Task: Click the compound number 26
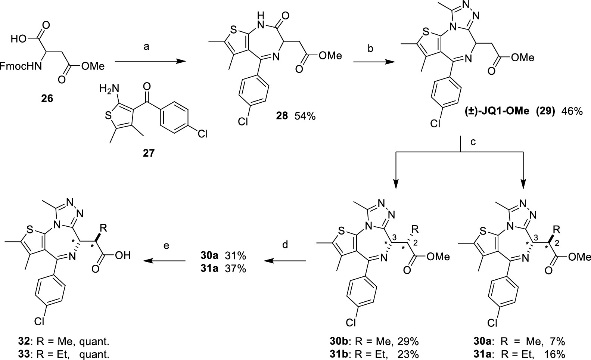pos(47,99)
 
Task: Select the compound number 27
pos(148,153)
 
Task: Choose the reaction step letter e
pos(166,245)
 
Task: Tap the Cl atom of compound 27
pos(202,133)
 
